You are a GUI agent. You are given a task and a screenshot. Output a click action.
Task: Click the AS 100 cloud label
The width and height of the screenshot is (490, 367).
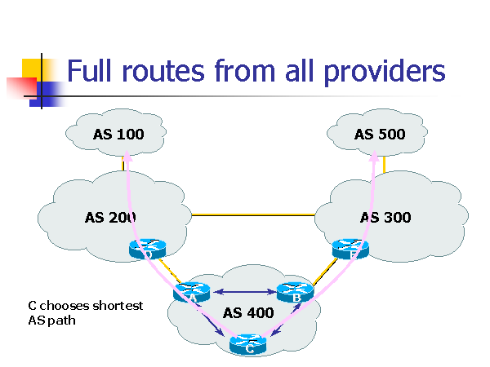[x=118, y=134]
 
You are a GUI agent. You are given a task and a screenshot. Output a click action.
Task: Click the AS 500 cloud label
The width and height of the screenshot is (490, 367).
[x=380, y=134]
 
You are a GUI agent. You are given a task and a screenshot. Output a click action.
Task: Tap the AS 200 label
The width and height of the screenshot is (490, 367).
[x=110, y=217]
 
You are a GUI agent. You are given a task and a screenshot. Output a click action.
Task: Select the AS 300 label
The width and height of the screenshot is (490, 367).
[x=385, y=217]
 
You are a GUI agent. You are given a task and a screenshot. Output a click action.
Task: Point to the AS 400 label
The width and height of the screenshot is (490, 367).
[x=249, y=313]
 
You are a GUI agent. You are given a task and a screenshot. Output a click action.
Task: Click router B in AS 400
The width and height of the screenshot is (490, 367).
[x=296, y=291]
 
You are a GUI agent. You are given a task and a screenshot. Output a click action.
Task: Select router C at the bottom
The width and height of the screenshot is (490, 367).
[x=249, y=345]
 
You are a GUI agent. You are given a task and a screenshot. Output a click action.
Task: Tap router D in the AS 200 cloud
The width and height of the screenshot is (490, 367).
[x=148, y=250]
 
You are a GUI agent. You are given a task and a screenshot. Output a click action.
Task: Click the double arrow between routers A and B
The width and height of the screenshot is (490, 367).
[x=244, y=291]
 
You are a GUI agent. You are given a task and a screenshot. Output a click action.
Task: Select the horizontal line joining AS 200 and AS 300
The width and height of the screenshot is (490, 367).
[x=253, y=215]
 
